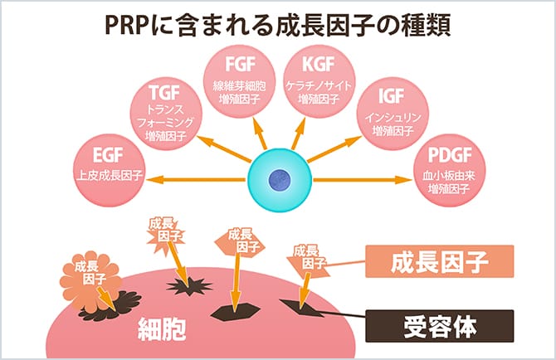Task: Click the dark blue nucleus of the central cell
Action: click(280, 176)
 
